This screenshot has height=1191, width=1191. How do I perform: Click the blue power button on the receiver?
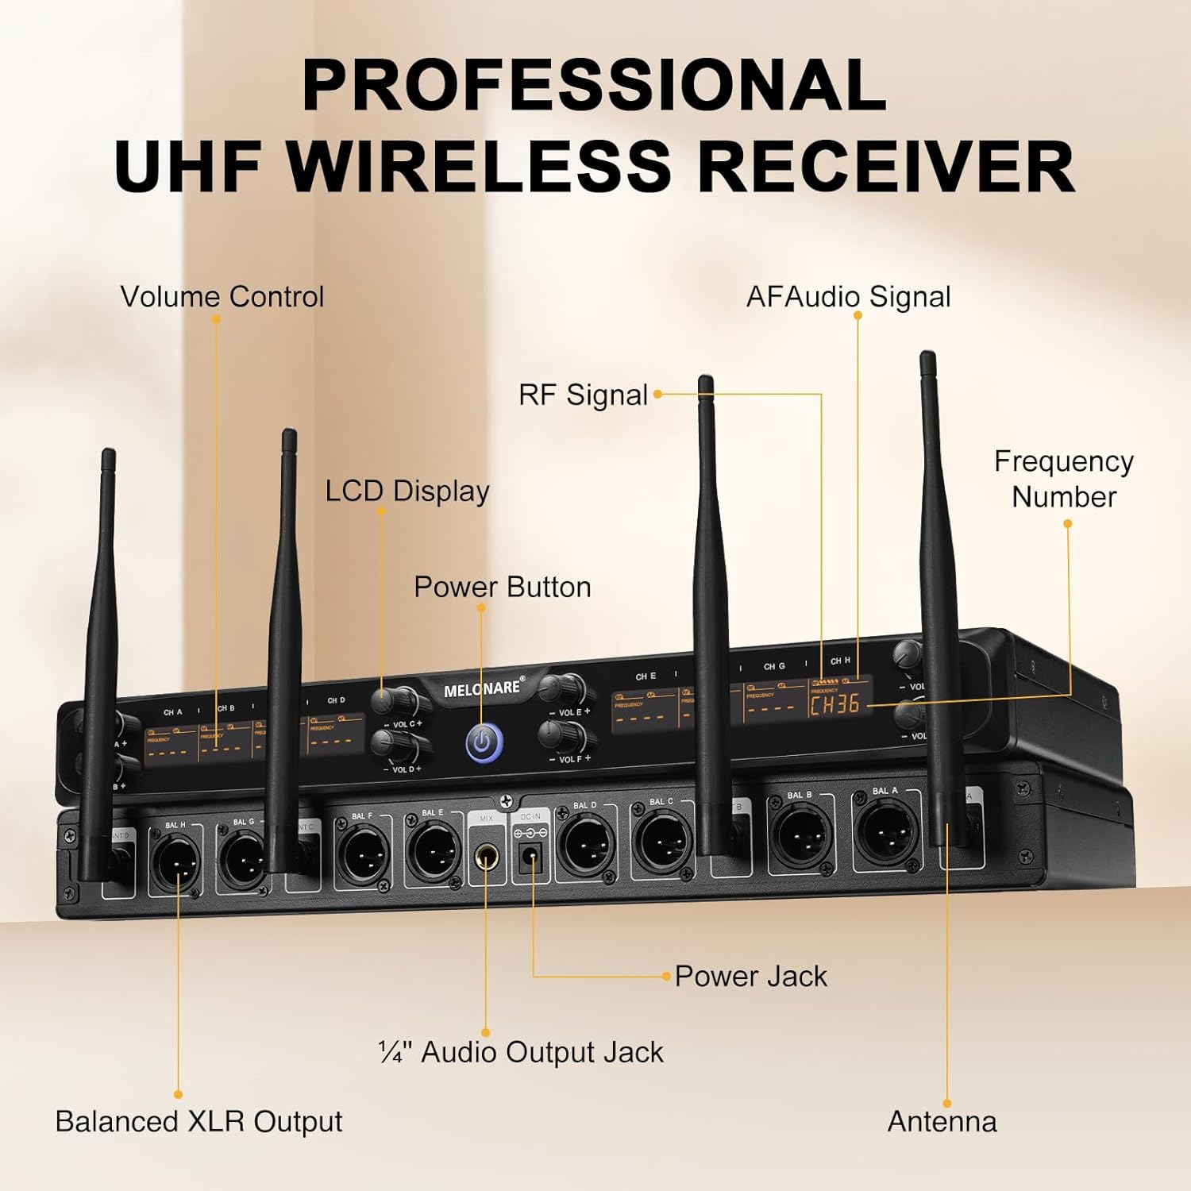pyautogui.click(x=483, y=742)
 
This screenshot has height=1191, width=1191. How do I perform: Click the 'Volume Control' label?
pyautogui.click(x=222, y=297)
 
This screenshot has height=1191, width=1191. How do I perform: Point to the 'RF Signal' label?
pyautogui.click(x=583, y=395)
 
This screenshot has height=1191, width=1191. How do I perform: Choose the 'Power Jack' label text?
pyautogui.click(x=750, y=976)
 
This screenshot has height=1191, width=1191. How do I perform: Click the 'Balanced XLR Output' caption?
pyautogui.click(x=198, y=1121)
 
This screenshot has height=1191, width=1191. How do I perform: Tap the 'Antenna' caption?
pyautogui.click(x=942, y=1121)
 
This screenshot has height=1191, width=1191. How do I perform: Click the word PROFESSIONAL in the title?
pyautogui.click(x=594, y=85)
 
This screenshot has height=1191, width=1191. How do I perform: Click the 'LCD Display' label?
pyautogui.click(x=407, y=491)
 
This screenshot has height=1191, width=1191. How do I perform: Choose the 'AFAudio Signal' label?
pyautogui.click(x=848, y=297)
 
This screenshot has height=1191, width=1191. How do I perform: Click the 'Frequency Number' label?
pyautogui.click(x=1064, y=479)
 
